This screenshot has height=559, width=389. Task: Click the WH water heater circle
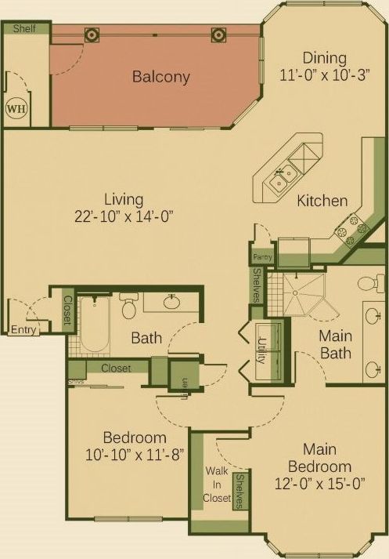(x=16, y=108)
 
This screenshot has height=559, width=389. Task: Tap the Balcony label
(x=161, y=77)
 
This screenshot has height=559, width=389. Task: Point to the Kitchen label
(x=322, y=201)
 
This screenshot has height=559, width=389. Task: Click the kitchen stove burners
(x=352, y=226)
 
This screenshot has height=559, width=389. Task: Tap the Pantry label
(x=260, y=256)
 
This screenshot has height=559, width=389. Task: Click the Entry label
(x=23, y=331)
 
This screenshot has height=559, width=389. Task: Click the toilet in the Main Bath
(x=369, y=283)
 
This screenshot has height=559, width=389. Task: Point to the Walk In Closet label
(x=217, y=484)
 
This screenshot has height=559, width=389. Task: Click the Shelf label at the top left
(x=24, y=28)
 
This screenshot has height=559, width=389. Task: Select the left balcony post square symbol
(x=92, y=34)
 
